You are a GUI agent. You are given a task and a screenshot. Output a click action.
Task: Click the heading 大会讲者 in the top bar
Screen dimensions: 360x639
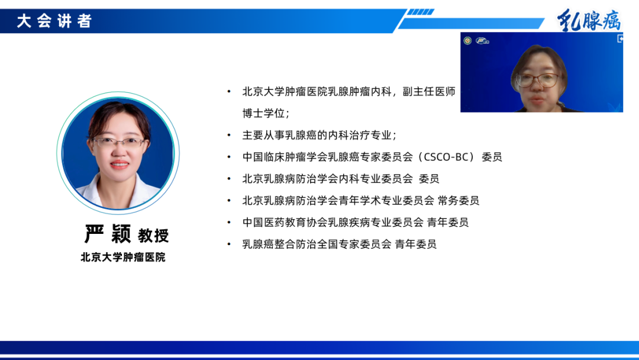click(x=54, y=21)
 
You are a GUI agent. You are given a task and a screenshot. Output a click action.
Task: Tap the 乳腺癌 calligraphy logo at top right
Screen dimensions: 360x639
click(x=589, y=21)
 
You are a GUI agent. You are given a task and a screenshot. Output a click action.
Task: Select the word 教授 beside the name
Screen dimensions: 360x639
click(x=153, y=236)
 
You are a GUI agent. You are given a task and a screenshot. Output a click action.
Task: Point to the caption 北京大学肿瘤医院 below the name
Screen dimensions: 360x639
click(x=123, y=258)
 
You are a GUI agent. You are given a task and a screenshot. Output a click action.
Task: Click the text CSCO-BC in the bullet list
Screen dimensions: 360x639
click(x=450, y=157)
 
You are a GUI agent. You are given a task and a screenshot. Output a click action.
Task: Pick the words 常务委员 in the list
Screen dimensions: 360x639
click(x=459, y=200)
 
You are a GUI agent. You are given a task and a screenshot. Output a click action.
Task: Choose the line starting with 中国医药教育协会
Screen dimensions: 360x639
click(x=355, y=222)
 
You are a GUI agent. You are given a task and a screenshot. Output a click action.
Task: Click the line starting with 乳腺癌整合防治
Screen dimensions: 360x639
click(x=339, y=244)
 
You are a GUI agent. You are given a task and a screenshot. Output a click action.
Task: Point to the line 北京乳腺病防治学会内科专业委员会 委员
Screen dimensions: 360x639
click(x=340, y=178)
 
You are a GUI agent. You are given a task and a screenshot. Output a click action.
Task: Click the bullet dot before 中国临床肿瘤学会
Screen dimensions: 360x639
click(x=230, y=157)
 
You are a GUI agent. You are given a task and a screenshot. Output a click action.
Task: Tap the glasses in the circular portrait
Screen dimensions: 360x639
click(x=118, y=142)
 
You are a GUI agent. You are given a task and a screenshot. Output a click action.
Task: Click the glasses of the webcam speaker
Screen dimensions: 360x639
click(x=537, y=80)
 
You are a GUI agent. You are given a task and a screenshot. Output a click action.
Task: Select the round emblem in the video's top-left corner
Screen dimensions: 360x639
click(x=467, y=40)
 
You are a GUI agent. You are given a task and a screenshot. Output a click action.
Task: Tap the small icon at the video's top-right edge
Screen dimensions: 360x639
click(x=619, y=39)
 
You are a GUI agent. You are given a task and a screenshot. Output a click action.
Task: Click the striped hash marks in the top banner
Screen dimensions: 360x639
click(x=421, y=12)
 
